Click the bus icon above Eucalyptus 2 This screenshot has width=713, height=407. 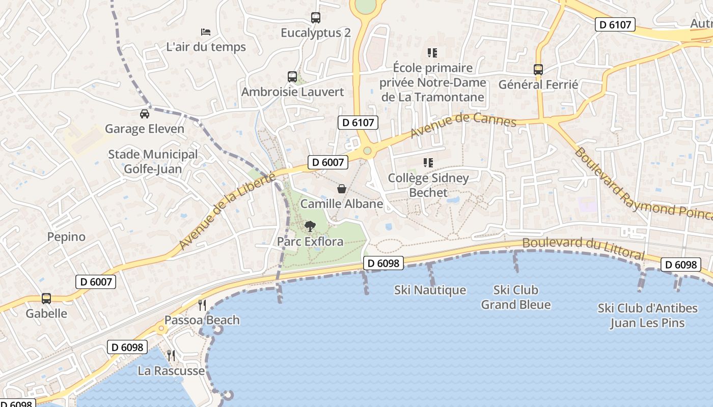[x=316, y=18]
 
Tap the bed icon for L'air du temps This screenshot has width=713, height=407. [x=206, y=32]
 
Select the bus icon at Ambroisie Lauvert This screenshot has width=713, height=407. [x=292, y=77]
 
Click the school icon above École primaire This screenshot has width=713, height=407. [x=432, y=52]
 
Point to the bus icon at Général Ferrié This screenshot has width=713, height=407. [x=538, y=70]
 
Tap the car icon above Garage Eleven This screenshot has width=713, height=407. [x=145, y=114]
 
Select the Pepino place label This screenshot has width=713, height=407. [x=66, y=237]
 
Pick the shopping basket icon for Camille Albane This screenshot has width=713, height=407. [x=342, y=189]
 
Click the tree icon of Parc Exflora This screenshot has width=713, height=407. [x=310, y=226]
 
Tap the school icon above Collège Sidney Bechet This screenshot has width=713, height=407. [x=428, y=163]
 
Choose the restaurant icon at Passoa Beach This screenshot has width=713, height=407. [x=202, y=305]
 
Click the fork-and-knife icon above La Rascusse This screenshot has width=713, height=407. [x=171, y=355]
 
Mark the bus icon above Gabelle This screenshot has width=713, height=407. [x=46, y=299]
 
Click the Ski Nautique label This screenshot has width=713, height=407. [x=430, y=290]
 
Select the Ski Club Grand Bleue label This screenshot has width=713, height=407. [x=515, y=297]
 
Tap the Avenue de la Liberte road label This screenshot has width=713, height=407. [x=227, y=211]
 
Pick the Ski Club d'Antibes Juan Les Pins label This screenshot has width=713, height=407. [x=647, y=315]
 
